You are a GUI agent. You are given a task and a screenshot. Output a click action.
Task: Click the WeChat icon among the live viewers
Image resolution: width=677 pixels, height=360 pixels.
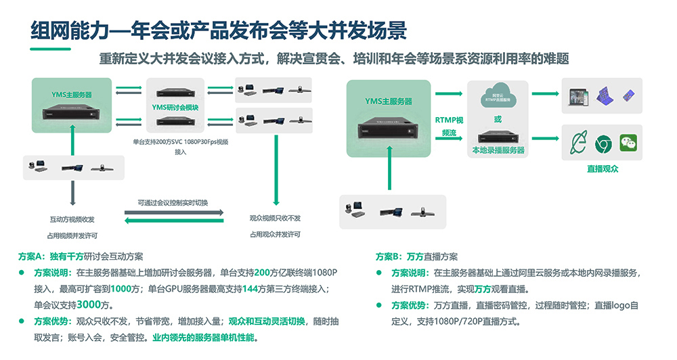629,143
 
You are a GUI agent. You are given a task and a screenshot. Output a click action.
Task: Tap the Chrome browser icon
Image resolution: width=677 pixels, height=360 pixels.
602,143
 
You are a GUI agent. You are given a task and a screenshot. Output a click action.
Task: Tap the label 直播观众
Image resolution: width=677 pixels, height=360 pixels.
602,169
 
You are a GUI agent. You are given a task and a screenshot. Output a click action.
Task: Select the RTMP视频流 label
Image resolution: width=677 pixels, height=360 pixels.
449,127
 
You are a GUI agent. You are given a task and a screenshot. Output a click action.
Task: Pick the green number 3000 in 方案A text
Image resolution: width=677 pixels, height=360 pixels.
90,304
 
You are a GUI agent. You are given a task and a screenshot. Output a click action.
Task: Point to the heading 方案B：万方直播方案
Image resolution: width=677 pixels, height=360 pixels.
416,257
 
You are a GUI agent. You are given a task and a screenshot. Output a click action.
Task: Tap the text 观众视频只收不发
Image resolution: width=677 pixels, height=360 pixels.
275,219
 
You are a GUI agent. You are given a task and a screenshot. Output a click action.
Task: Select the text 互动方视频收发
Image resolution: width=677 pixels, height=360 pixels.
72,219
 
